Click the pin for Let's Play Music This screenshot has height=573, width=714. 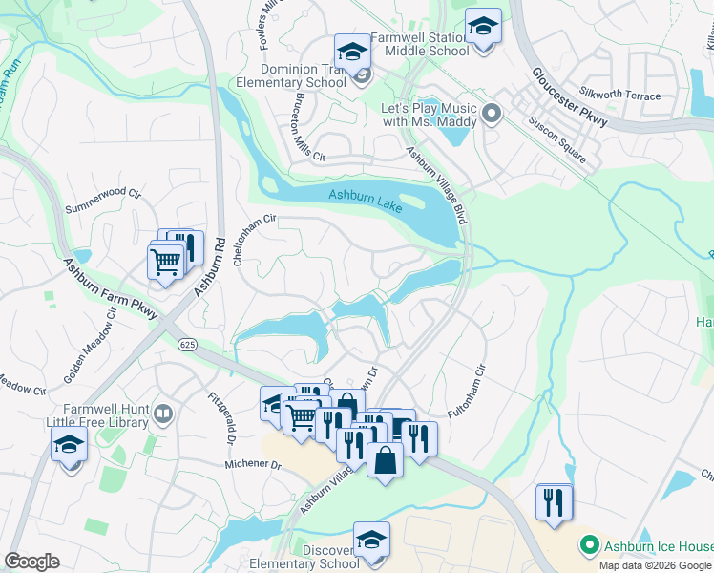tap(493, 115)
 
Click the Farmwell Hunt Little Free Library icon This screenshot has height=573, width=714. tap(163, 414)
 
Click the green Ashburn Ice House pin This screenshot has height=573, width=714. tap(589, 546)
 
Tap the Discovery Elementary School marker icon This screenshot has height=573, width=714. tap(371, 538)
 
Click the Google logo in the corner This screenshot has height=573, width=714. tap(31, 561)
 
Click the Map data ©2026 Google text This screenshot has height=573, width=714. tap(656, 565)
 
